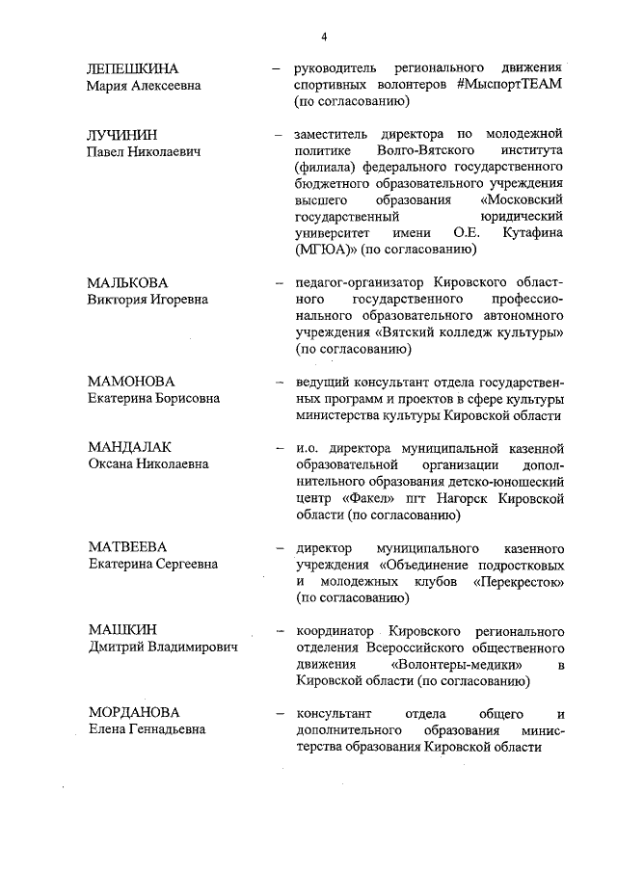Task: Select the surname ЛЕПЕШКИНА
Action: pos(133,68)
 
